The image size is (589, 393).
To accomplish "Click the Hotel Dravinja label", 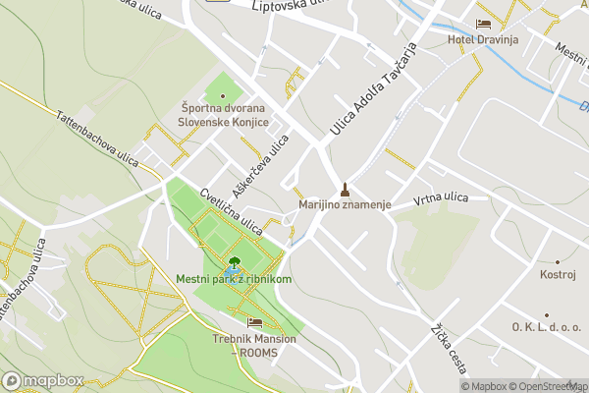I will [482, 39].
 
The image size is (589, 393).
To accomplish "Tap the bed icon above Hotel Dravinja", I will [482, 24].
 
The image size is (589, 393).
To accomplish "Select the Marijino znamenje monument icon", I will [345, 189].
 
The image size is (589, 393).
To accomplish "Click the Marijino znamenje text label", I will [345, 204].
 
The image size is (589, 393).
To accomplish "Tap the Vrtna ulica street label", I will [441, 198].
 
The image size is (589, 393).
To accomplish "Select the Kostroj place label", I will [558, 273].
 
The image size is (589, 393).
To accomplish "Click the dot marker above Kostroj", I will [558, 261].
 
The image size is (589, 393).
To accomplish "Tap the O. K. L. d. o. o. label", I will [546, 326].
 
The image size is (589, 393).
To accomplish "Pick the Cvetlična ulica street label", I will [231, 211].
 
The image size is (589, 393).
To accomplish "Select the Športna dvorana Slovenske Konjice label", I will [222, 115].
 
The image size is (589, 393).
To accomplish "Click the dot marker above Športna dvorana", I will [222, 95].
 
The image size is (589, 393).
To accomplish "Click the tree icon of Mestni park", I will [234, 264].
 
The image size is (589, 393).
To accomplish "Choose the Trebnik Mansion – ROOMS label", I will [254, 346].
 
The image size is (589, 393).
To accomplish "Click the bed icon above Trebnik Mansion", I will [254, 322].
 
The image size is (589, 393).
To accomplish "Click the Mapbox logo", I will [43, 380].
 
